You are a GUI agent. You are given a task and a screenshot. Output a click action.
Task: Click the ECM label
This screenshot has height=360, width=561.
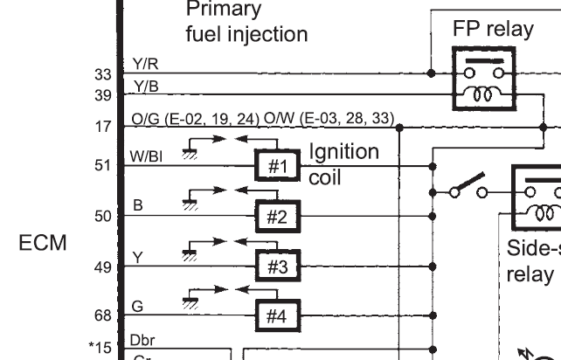(x=43, y=244)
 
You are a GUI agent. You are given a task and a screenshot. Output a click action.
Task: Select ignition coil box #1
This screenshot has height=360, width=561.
(x=276, y=163)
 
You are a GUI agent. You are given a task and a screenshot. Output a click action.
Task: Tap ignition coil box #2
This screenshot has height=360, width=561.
(x=276, y=215)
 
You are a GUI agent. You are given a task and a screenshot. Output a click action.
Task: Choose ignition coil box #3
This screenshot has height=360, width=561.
(x=276, y=266)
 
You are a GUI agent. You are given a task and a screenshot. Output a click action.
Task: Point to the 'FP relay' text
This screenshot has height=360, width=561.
(x=493, y=29)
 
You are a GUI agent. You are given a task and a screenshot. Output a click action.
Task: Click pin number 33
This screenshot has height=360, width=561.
(x=102, y=75)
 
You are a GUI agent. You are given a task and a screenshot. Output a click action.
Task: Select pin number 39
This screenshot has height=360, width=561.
(x=102, y=93)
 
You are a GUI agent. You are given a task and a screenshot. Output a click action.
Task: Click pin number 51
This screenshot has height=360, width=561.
(x=102, y=163)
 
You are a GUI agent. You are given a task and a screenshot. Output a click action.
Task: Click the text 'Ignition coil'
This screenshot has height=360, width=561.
(x=343, y=163)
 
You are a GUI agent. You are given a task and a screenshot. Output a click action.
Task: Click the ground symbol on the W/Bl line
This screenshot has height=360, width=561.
(x=186, y=152)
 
